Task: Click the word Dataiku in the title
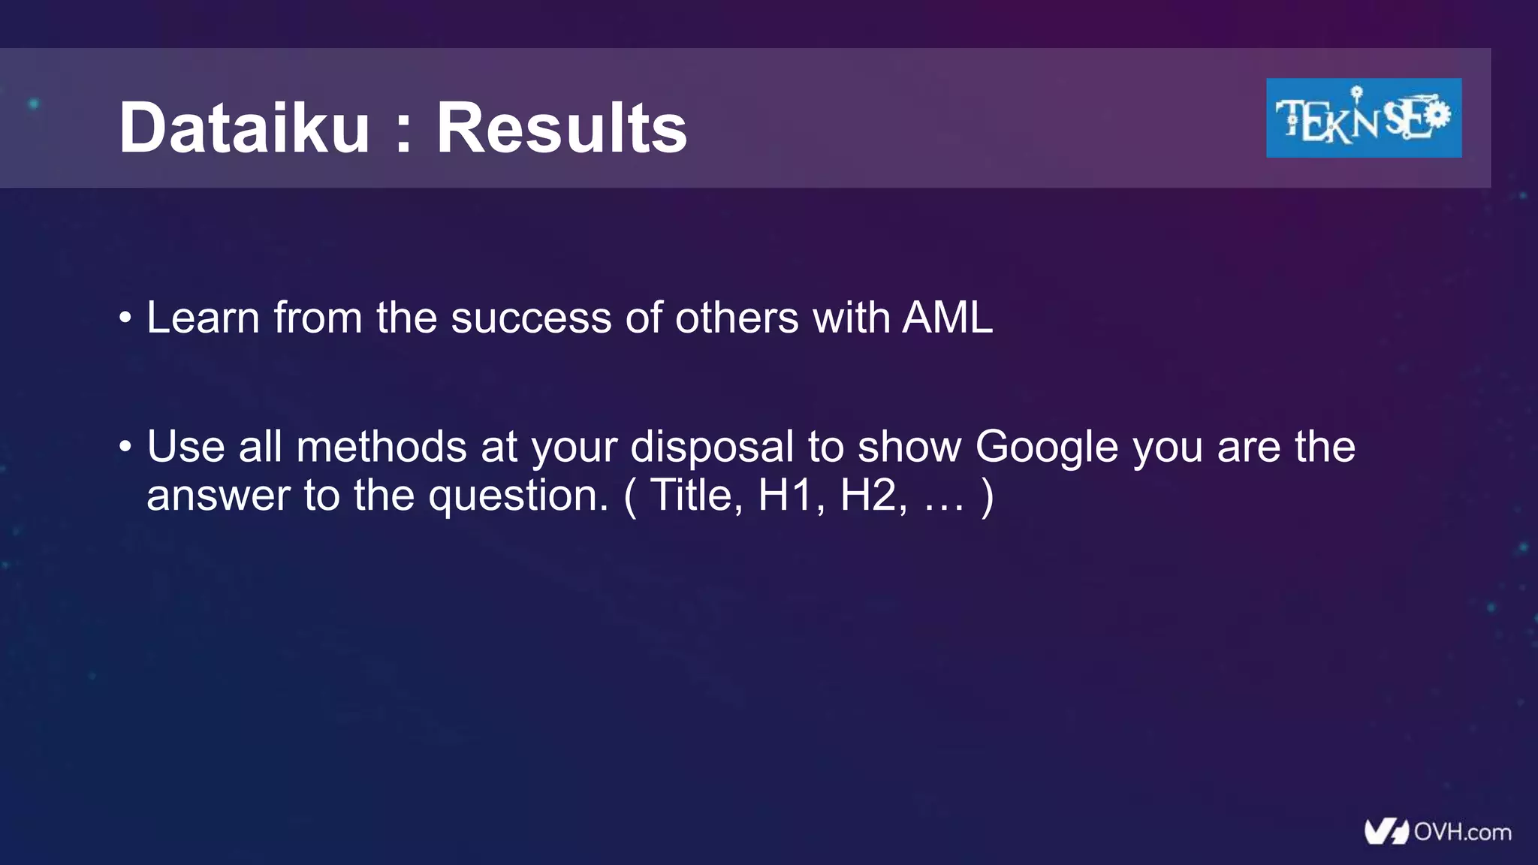pos(244,128)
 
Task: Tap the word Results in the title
pos(562,128)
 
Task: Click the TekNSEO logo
pos(1363,118)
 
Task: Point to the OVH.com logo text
pos(1461,832)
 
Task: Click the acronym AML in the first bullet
pos(948,318)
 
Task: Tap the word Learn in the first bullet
pos(203,318)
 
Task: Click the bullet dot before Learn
pos(125,318)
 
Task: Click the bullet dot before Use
pos(125,448)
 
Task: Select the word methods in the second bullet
pos(381,447)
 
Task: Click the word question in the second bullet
pos(518,496)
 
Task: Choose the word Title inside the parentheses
pos(695,495)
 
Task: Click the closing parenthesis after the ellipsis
pos(988,496)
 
